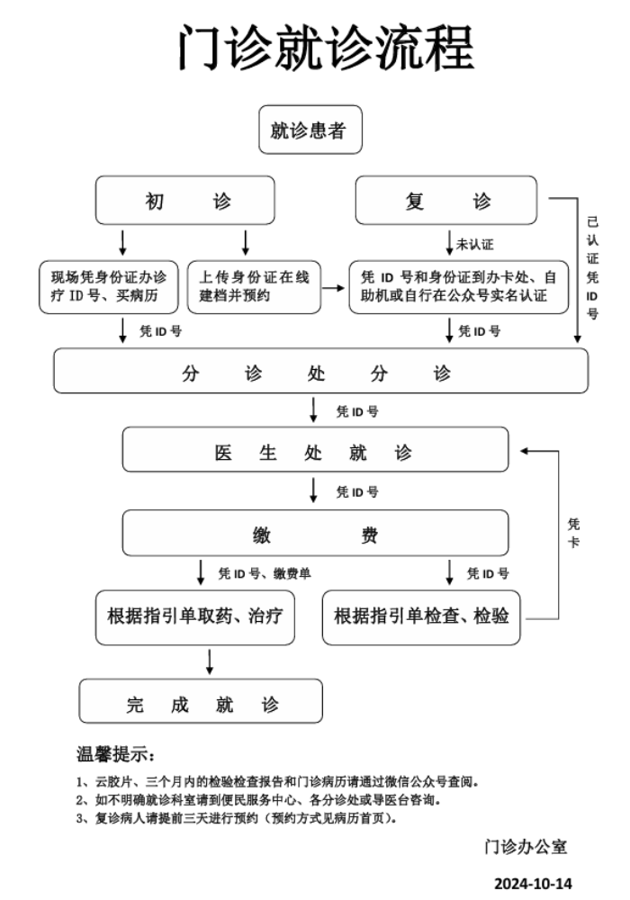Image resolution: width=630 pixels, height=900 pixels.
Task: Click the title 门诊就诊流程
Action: (x=325, y=47)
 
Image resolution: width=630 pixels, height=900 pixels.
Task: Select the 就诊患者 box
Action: (x=310, y=130)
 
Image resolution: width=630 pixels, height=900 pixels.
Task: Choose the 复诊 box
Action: (x=447, y=202)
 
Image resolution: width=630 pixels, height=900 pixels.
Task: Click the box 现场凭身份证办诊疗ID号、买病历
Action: (x=109, y=287)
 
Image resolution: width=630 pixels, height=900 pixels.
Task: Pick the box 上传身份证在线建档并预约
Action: (x=254, y=287)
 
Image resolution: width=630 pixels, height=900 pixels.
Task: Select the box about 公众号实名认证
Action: (x=458, y=287)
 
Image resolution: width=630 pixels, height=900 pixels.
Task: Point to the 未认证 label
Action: (x=475, y=244)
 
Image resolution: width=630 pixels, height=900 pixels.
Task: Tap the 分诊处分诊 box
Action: (x=320, y=371)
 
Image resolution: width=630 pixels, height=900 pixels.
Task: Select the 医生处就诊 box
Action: (x=315, y=450)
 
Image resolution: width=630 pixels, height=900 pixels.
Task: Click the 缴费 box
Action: (x=315, y=535)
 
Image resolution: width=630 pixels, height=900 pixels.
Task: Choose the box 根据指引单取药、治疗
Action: (x=195, y=616)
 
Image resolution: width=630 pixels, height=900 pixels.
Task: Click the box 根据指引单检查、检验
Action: (x=421, y=616)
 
